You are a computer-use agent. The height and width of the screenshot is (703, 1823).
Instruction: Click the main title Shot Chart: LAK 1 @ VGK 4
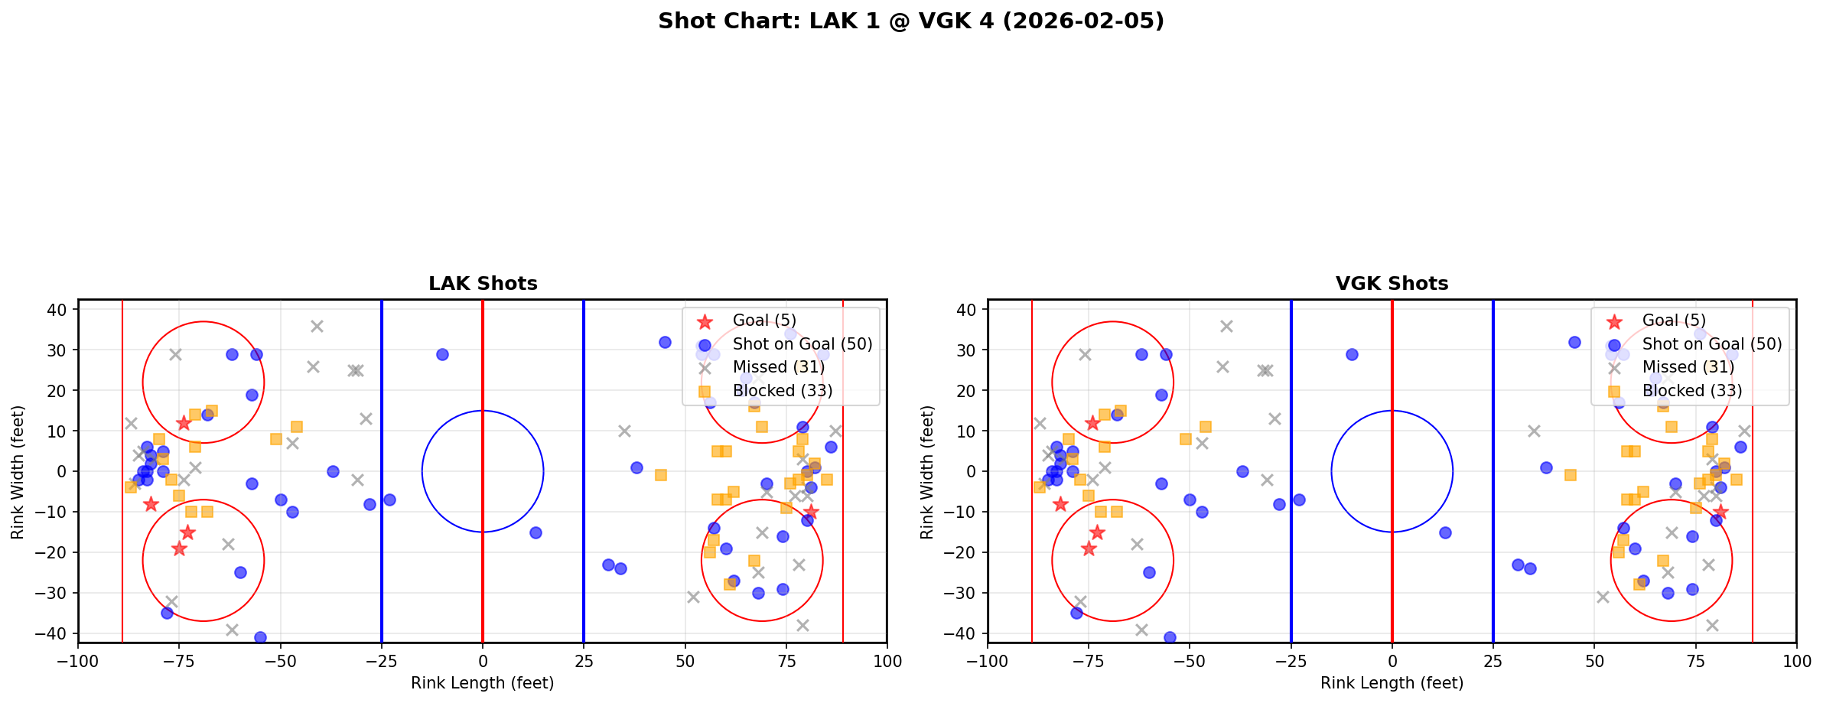click(910, 21)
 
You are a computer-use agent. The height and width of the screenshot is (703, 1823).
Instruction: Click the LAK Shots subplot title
click(483, 284)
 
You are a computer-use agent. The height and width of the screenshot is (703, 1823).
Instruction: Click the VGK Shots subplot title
click(1392, 284)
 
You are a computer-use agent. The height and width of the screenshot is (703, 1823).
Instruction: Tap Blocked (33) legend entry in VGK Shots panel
click(1691, 391)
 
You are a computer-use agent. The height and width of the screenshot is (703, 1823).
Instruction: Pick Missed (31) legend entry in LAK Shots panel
click(778, 367)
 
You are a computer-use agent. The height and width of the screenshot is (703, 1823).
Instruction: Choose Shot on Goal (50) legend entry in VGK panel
click(1711, 344)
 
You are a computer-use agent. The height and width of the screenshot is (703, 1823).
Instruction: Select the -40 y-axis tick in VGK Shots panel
click(967, 633)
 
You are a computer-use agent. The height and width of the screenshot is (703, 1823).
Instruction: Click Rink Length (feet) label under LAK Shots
click(483, 683)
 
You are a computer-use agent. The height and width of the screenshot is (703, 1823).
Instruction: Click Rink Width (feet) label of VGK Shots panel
click(926, 472)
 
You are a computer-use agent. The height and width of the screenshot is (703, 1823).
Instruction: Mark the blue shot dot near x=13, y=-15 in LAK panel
click(536, 532)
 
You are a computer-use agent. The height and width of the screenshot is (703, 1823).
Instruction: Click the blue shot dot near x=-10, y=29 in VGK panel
click(1352, 354)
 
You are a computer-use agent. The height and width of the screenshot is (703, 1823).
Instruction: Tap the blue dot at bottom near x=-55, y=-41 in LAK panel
click(260, 637)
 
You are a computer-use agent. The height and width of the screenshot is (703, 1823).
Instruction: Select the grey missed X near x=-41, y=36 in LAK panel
click(317, 326)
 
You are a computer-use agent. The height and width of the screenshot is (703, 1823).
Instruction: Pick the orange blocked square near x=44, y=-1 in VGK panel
click(1570, 475)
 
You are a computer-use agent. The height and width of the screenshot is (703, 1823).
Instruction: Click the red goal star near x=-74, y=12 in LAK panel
click(184, 423)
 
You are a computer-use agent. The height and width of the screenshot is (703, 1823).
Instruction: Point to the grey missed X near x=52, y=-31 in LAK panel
click(693, 597)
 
